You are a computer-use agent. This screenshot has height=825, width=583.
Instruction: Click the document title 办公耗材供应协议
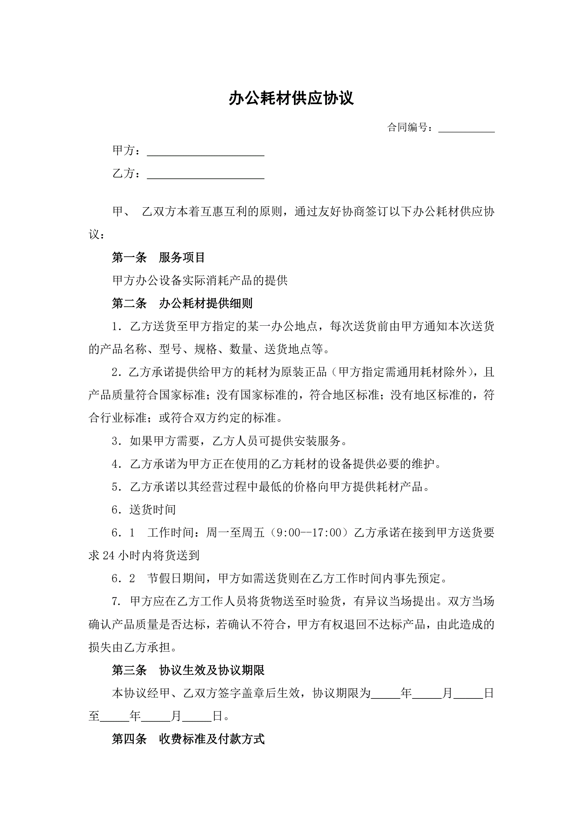[291, 98]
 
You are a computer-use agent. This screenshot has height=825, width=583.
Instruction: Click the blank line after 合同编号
[466, 128]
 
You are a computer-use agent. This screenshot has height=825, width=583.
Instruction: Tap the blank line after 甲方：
[206, 151]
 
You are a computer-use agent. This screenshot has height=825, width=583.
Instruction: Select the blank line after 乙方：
[206, 174]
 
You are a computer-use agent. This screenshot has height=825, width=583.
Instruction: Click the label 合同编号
[408, 127]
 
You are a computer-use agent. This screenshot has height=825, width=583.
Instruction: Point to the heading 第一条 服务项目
[158, 257]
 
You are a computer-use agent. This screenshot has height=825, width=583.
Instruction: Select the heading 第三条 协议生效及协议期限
[188, 670]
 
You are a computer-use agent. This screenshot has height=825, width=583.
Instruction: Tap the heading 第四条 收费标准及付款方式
[188, 739]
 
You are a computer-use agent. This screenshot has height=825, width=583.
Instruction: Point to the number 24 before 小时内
[108, 556]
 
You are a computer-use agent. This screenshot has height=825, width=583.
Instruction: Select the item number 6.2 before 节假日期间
[123, 578]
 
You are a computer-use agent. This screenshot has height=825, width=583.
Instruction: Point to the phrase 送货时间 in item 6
[153, 510]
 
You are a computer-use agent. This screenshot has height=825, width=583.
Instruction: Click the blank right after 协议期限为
[385, 693]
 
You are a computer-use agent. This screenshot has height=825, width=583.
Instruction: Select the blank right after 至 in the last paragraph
[115, 716]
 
